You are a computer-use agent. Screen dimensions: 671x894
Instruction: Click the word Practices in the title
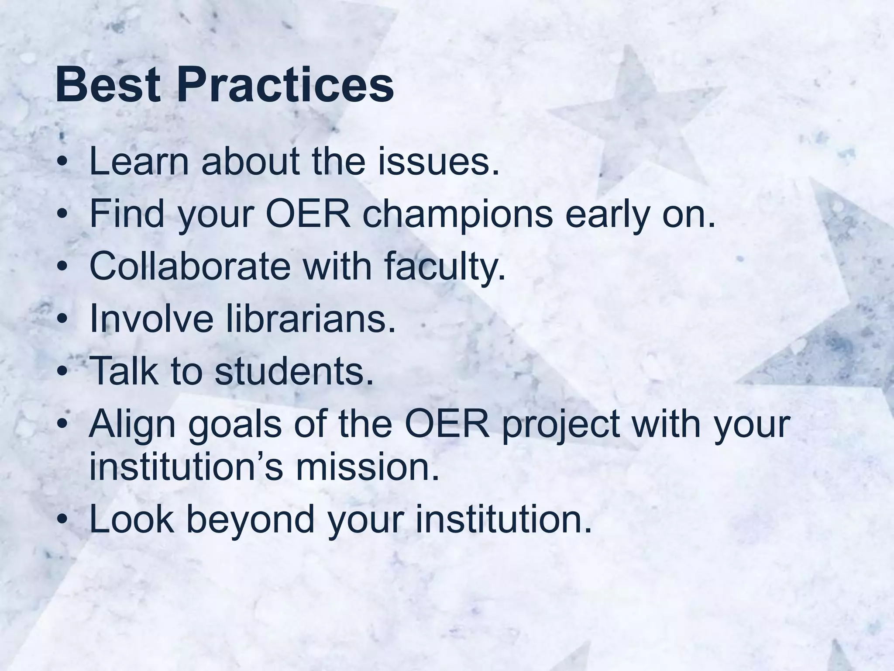[285, 85]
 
